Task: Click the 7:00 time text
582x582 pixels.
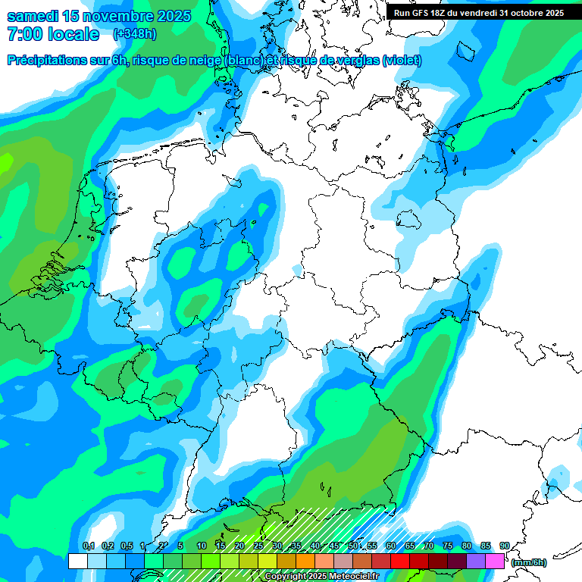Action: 23,34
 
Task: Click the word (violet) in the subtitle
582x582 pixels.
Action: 402,60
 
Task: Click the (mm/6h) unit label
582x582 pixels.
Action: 529,562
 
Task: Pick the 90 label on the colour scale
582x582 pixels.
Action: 505,546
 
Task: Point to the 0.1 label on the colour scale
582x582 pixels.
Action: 88,546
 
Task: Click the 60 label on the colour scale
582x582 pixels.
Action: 391,546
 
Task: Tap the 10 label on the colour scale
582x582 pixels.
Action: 202,546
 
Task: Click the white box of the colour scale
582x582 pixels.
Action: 77,561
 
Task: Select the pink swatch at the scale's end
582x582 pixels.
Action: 495,561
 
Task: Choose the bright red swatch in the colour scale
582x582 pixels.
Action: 400,561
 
